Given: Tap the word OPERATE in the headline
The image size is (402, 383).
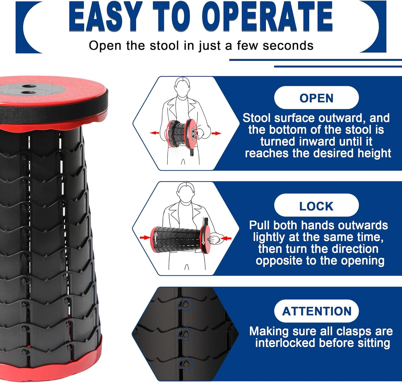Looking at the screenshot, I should [x=267, y=17].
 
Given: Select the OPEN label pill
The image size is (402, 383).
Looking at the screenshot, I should [x=316, y=98].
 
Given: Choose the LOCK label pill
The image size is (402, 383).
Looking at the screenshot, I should [x=316, y=206].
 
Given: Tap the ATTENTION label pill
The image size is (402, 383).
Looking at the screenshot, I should [x=317, y=311].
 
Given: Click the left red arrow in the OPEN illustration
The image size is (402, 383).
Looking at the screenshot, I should [x=154, y=133].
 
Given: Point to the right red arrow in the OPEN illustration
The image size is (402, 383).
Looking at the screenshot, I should [x=216, y=133].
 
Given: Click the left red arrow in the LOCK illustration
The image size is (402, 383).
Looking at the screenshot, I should [x=145, y=238].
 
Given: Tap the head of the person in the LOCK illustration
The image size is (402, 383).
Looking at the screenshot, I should [x=186, y=192].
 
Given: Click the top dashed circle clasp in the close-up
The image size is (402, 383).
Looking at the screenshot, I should [x=186, y=304].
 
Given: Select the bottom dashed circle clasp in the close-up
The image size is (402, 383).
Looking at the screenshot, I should [x=185, y=363].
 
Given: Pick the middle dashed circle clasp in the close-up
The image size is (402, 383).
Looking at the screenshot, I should [x=185, y=334].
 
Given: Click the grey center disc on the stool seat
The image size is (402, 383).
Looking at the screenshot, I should [x=31, y=90].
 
